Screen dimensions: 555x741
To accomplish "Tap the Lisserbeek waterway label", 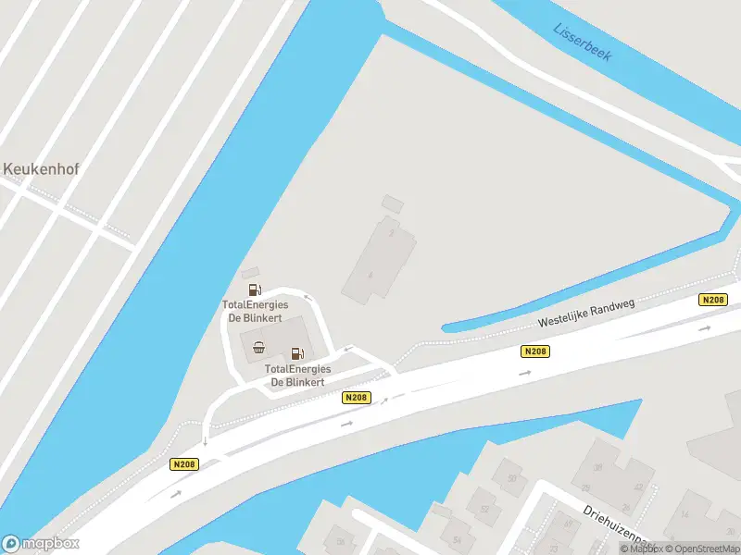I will coord(583,42).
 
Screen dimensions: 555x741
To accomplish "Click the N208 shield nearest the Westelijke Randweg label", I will coord(535,351).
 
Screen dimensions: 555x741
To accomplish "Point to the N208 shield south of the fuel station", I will coord(356,398).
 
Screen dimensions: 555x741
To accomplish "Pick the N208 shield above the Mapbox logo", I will coord(184,464).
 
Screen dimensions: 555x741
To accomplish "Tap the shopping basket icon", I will coord(258,348).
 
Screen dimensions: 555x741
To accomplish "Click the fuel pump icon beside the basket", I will coord(296,352).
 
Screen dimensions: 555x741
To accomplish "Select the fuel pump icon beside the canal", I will coord(255,290).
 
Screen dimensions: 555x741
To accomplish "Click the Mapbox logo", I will coord(41,544).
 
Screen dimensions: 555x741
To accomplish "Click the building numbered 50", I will coord(511,478).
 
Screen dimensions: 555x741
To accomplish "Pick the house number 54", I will coord(456,538).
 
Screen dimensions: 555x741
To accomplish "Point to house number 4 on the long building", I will coord(370,275).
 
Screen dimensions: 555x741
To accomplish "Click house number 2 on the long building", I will coord(393,233).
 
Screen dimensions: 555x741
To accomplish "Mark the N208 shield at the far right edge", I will coord(712,300).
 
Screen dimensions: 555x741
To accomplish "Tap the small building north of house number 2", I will coord(394,203).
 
